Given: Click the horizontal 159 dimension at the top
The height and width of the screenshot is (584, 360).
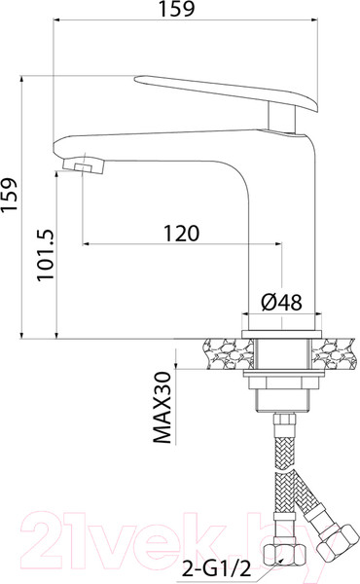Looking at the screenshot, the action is click(176, 10).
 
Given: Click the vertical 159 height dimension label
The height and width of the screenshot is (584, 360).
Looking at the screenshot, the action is click(10, 196).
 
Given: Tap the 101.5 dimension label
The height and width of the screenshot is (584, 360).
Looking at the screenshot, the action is click(46, 255).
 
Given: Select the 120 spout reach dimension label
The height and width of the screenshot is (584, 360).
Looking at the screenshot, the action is click(182, 234).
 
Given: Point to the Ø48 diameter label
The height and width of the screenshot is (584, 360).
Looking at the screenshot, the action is click(281, 302).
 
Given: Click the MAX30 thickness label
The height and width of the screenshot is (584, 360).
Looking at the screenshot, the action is click(162, 408).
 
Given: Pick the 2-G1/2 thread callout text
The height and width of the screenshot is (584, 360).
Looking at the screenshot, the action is click(216, 569).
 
